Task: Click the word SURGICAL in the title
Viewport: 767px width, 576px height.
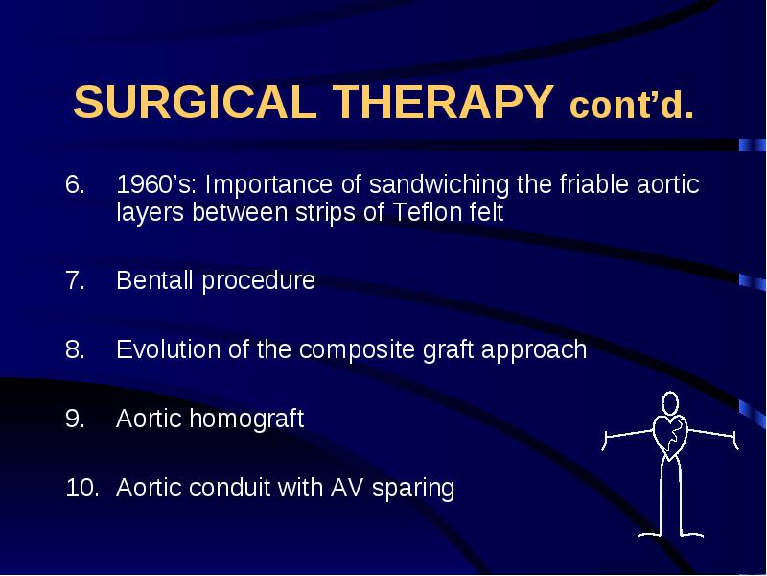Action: (x=195, y=102)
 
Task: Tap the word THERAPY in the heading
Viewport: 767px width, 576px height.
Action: (x=443, y=102)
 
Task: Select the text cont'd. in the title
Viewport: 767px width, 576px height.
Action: (x=632, y=105)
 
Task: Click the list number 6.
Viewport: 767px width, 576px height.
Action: (x=75, y=184)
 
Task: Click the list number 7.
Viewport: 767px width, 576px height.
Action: (x=75, y=280)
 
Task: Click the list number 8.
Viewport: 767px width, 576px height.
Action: (x=75, y=349)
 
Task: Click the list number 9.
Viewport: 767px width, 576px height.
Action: (x=75, y=419)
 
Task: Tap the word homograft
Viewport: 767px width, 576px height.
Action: (x=246, y=420)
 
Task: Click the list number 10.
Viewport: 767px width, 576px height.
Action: (x=81, y=488)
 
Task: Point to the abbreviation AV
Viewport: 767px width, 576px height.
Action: (x=347, y=488)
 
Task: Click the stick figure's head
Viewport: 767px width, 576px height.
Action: (x=670, y=403)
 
